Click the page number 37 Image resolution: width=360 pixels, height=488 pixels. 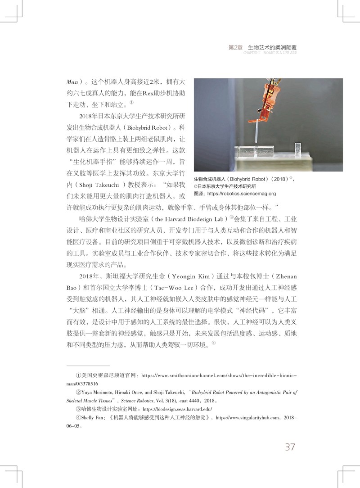click(290, 447)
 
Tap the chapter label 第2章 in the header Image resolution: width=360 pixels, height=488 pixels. click(236, 47)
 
